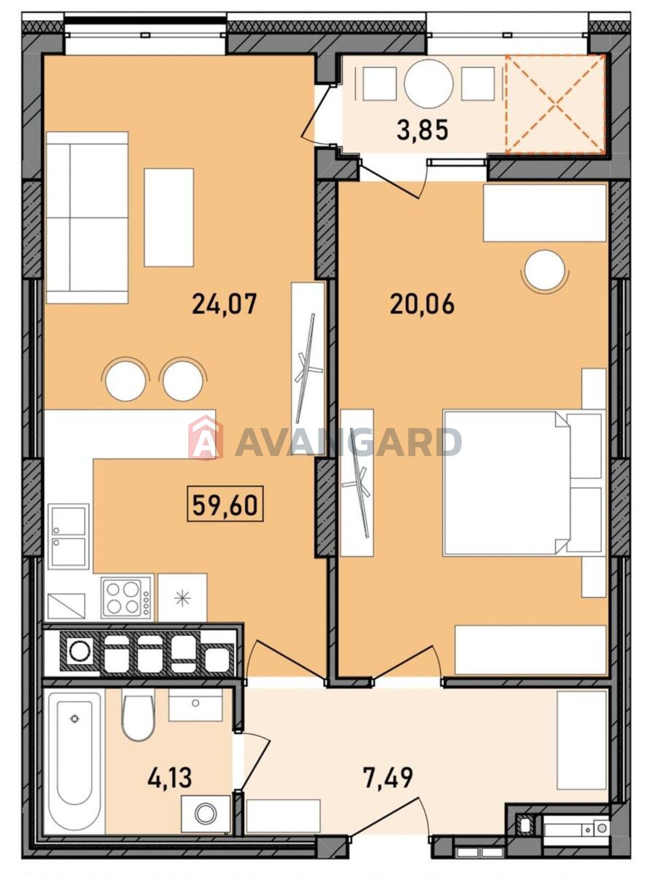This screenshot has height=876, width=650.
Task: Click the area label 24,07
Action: click(224, 304)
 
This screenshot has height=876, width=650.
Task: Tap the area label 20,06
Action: click(422, 304)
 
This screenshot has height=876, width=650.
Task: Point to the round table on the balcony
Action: click(428, 83)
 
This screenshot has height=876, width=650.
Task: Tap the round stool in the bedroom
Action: click(544, 270)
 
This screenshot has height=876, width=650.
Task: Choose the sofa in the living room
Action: click(87, 217)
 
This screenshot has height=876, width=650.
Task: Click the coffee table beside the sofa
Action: click(169, 217)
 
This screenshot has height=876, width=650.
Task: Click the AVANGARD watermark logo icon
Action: click(206, 438)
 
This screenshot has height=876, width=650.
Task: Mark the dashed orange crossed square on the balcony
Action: click(556, 104)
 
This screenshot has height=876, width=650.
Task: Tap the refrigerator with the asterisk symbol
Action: click(182, 597)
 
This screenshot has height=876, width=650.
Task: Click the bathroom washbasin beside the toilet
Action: click(195, 705)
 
